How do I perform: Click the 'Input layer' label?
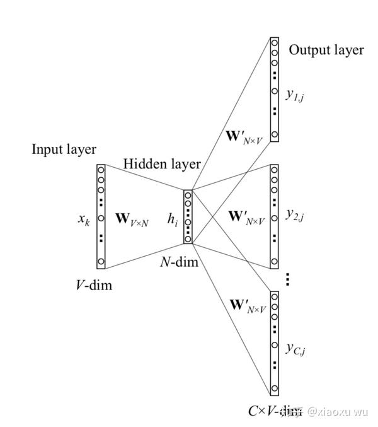pyautogui.click(x=64, y=149)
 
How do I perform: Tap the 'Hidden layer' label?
pyautogui.click(x=162, y=164)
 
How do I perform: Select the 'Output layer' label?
pyautogui.click(x=326, y=50)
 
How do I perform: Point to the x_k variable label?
pyautogui.click(x=84, y=218)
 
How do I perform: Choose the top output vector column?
pyautogui.click(x=274, y=89)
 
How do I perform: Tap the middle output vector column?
pyautogui.click(x=273, y=215)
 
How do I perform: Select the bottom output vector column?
pyautogui.click(x=273, y=342)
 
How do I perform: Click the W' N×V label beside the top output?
pyautogui.click(x=246, y=136)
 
